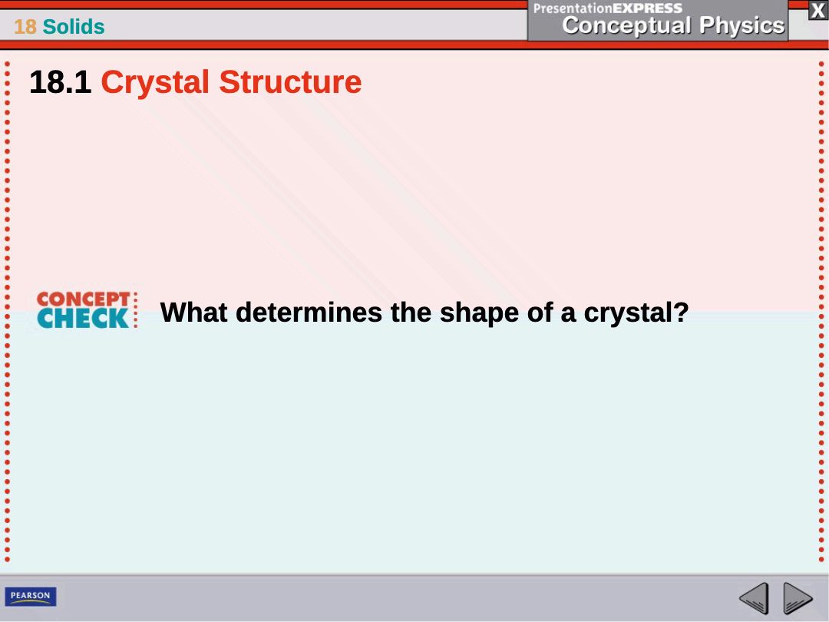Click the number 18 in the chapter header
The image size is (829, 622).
pos(25,26)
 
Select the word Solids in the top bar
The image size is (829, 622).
pos(74,26)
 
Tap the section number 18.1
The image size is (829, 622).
pos(61,82)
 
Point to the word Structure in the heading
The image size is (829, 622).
pos(290,82)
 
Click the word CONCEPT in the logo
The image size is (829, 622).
pos(83,299)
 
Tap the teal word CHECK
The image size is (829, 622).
pos(83,319)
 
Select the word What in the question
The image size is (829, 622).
pos(193,312)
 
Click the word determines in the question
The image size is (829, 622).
pos(309,312)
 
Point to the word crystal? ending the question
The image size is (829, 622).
pos(636,313)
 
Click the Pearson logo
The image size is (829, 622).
pos(31,596)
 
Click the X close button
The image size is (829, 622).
pos(818,11)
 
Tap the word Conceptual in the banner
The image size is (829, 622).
pos(626,25)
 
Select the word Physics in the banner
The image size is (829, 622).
pos(741,25)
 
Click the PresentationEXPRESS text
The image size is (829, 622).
pos(608,8)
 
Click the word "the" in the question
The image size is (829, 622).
pos(411,312)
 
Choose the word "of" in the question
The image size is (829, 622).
pos(540,312)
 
